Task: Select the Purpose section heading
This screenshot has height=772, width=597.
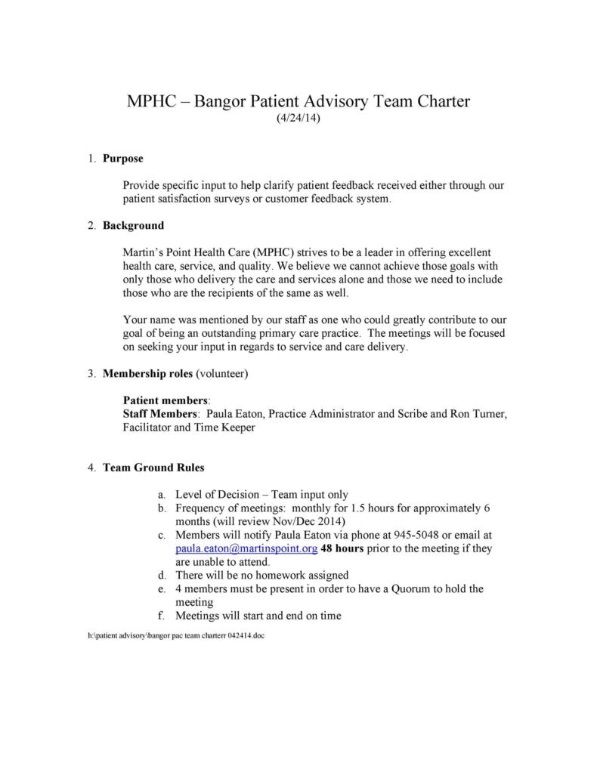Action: point(122,159)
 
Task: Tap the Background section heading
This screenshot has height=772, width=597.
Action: point(133,225)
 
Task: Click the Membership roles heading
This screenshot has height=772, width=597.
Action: point(147,373)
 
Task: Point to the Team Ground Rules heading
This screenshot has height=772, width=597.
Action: point(153,467)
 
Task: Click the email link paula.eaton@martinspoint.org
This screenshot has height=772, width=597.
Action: point(246,548)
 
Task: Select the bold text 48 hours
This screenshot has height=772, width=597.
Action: point(342,548)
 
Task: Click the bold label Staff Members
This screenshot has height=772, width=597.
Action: point(160,414)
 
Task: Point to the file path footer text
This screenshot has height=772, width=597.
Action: point(176,636)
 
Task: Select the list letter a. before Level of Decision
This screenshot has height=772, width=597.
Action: point(162,494)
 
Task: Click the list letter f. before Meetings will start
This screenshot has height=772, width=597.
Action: point(162,616)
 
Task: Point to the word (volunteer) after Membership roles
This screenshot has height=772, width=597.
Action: point(222,373)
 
